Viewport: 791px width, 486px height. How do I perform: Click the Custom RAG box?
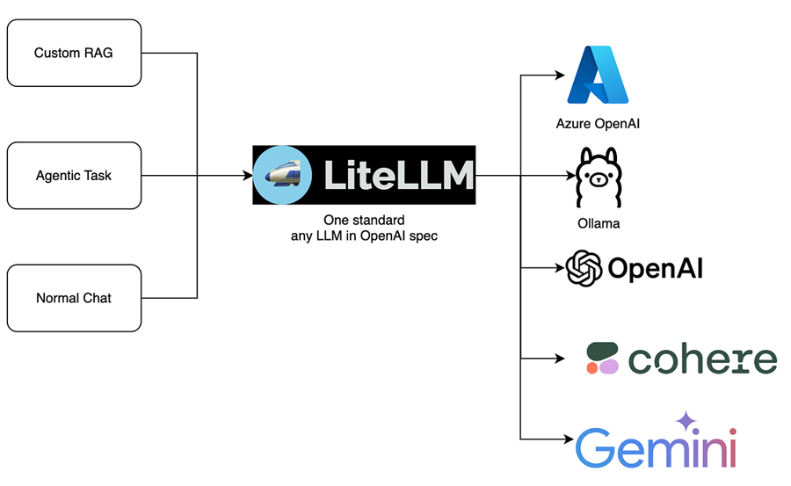(x=74, y=53)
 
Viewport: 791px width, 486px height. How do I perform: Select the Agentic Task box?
(x=74, y=176)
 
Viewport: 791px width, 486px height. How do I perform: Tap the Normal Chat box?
(x=74, y=298)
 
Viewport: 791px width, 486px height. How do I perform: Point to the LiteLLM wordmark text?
(x=398, y=176)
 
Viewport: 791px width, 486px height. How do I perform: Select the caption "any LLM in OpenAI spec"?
(x=363, y=235)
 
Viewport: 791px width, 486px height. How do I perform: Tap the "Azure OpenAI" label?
(x=598, y=123)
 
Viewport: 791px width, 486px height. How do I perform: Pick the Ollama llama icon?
(x=598, y=177)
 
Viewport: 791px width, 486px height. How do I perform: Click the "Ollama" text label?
(x=598, y=223)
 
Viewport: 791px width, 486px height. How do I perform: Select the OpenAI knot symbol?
(x=584, y=268)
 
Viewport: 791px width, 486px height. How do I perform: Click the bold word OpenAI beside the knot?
(x=655, y=268)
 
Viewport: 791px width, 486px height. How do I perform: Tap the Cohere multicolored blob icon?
(x=603, y=359)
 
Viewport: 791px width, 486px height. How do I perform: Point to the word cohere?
(x=703, y=359)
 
